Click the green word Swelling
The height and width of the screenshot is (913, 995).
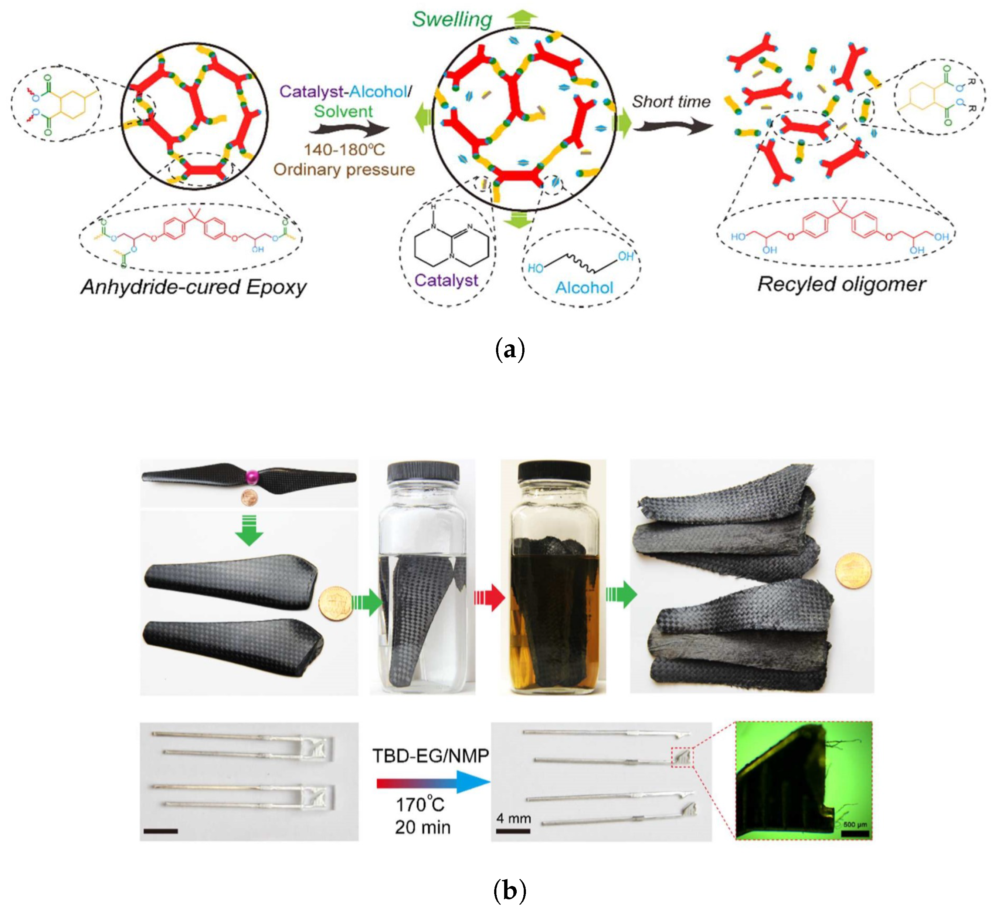[452, 20]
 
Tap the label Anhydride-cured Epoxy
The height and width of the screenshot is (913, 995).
[194, 287]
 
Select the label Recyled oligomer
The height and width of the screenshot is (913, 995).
[841, 284]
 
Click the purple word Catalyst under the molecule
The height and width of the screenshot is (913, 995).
[446, 280]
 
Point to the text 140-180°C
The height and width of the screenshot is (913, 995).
[344, 149]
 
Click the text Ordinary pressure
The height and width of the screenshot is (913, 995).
[344, 169]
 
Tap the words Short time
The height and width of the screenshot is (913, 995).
[671, 102]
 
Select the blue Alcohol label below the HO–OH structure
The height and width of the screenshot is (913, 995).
[584, 288]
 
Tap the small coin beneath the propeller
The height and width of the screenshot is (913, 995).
[249, 498]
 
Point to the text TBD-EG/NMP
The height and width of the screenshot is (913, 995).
[431, 756]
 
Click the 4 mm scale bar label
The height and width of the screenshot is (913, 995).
[513, 818]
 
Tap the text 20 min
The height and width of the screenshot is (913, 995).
[423, 828]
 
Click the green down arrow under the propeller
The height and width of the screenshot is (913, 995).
[249, 532]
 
